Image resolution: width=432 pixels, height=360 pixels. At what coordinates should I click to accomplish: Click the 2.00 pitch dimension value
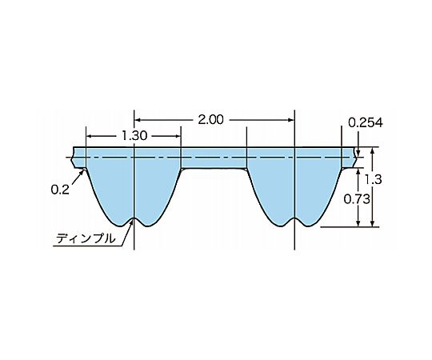210,120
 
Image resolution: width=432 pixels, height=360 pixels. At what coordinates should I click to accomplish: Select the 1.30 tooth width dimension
134,136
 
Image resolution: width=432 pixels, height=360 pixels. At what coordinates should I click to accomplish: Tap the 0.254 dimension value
366,123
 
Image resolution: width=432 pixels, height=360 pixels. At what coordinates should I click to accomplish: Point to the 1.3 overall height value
374,179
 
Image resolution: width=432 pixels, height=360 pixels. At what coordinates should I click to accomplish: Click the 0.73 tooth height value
357,199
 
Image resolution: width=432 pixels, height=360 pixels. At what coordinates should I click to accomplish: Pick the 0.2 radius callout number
60,190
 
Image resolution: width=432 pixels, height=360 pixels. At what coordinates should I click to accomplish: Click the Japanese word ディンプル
86,238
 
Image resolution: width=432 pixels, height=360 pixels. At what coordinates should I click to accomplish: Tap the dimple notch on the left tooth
134,220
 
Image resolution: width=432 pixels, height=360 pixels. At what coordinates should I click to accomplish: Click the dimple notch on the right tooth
294,220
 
